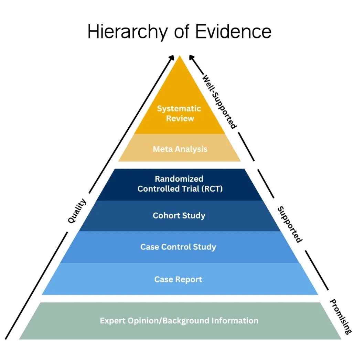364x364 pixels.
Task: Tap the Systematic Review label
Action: coord(179,114)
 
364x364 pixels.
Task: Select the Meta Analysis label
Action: coord(180,149)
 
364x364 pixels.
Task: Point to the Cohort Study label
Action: coord(179,216)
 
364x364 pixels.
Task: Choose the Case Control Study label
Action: coord(178,247)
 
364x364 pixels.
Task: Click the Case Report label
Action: coord(178,279)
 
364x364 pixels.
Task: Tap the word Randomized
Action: coord(179,179)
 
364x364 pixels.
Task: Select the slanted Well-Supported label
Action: coord(220,101)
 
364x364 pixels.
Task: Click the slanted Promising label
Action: coord(341,317)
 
